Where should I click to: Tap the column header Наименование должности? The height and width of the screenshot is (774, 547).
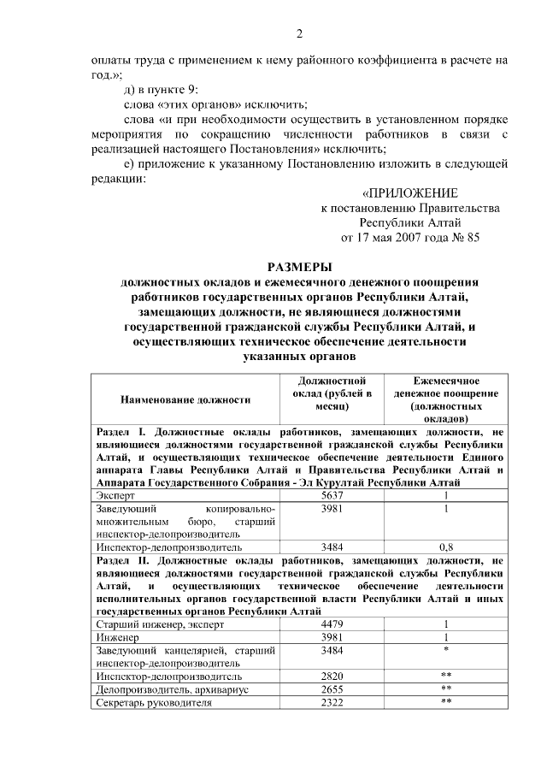(x=185, y=399)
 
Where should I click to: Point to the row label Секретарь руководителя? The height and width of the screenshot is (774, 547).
(x=153, y=702)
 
